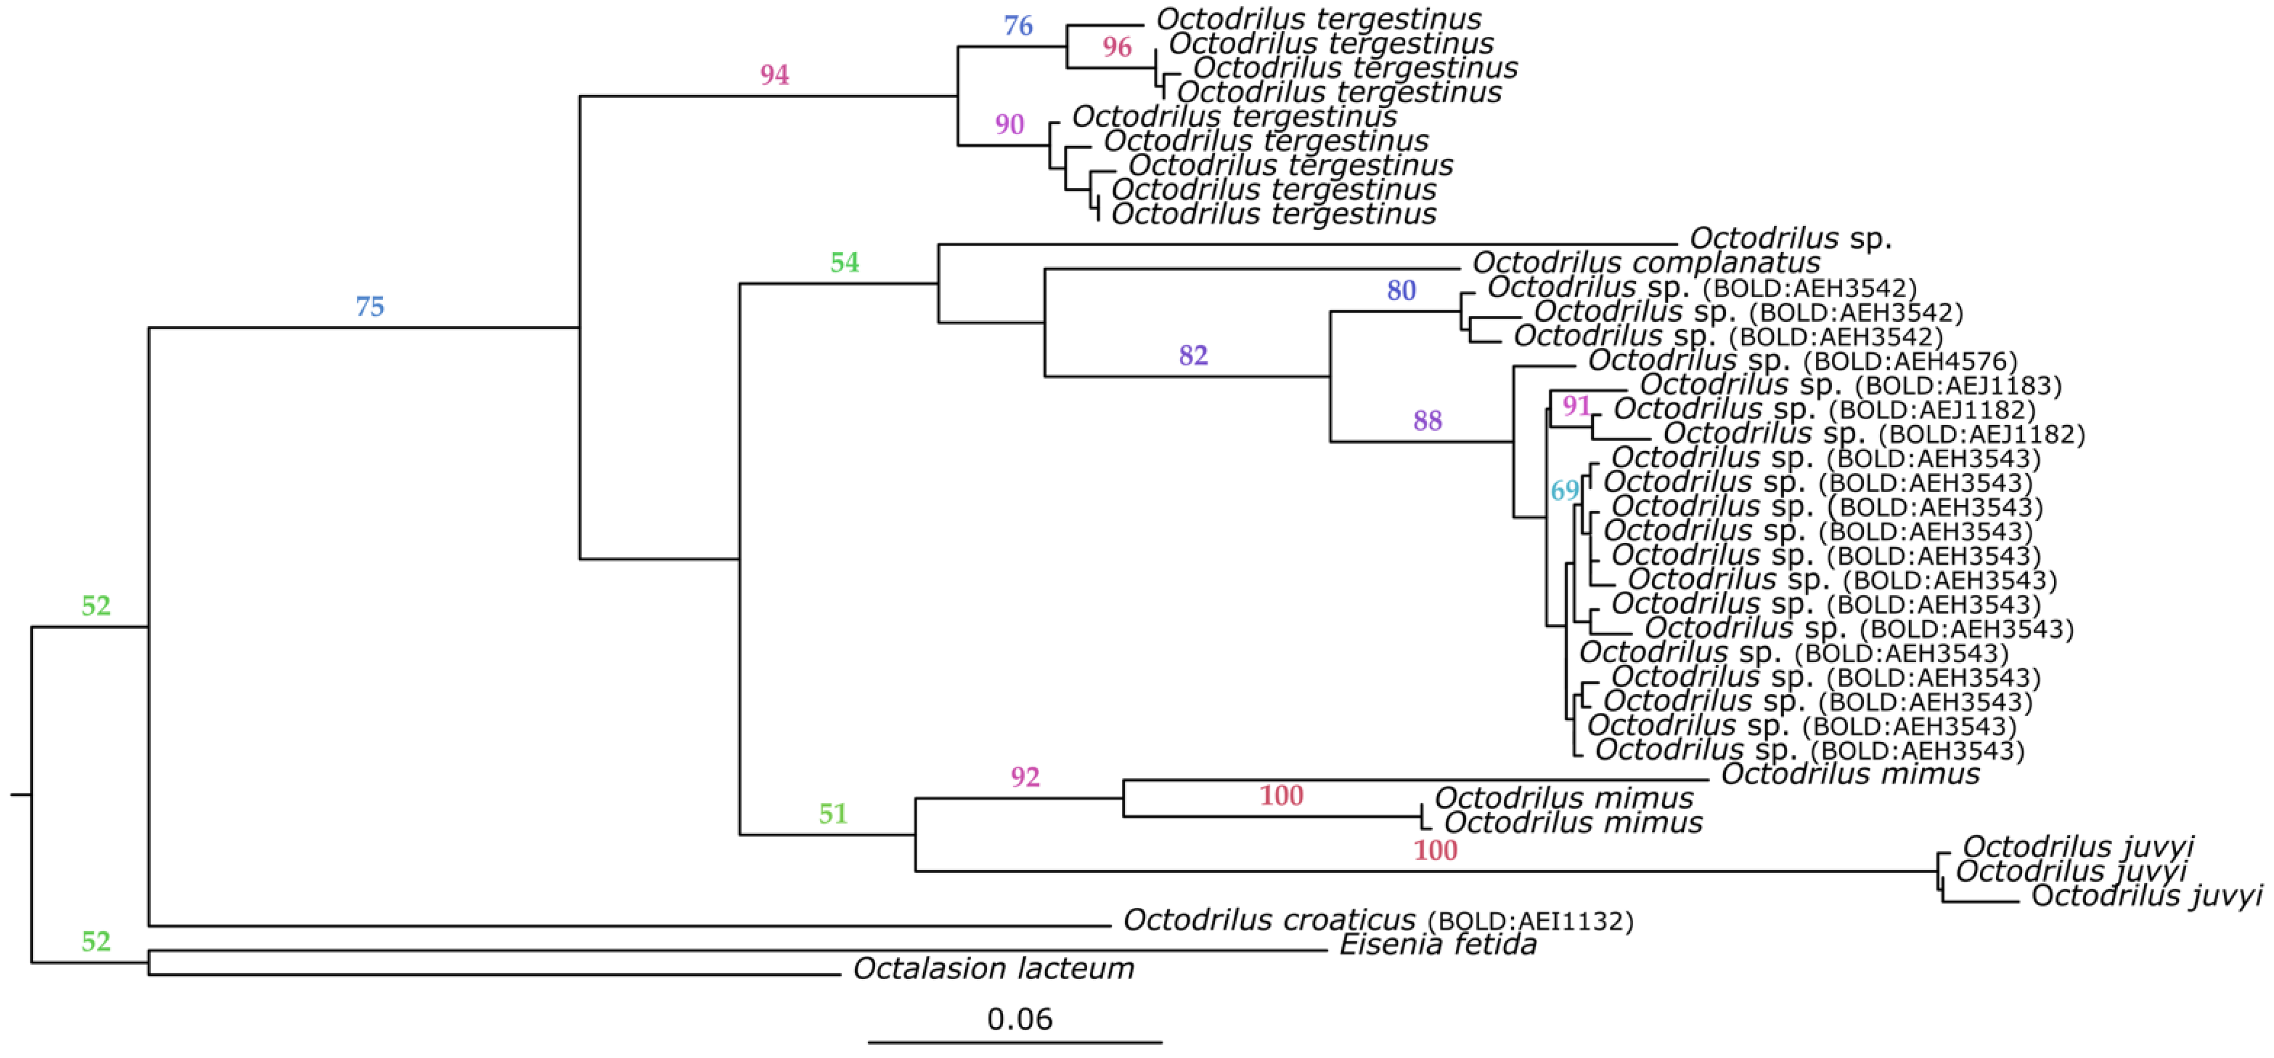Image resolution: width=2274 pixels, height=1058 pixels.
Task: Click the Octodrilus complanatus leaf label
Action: pos(1645,262)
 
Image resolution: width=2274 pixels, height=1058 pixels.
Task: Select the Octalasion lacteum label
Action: pos(993,969)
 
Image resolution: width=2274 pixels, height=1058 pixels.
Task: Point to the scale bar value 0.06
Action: pos(1020,1019)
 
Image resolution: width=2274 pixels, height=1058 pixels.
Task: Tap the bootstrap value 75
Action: pos(370,306)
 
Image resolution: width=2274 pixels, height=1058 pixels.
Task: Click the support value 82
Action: pos(1193,355)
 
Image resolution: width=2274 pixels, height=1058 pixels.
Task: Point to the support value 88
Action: pos(1428,420)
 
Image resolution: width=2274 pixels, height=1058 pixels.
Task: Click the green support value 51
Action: pos(833,813)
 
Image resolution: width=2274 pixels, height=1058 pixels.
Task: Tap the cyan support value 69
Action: pos(1564,490)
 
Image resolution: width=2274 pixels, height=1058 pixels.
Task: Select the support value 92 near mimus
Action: pos(1025,777)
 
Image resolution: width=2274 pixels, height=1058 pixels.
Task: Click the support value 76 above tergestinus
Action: pos(1018,26)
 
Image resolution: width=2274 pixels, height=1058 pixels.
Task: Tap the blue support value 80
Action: pos(1401,290)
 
